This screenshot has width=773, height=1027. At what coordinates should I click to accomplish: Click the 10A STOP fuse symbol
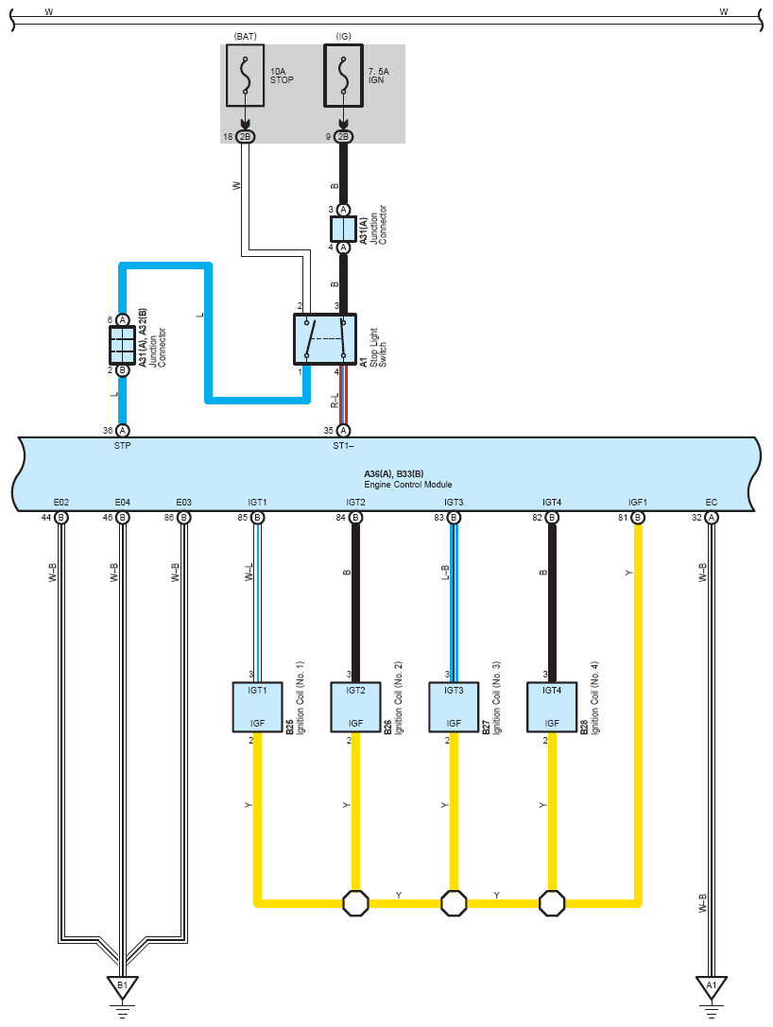tap(245, 76)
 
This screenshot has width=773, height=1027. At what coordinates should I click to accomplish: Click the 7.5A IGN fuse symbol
tap(343, 76)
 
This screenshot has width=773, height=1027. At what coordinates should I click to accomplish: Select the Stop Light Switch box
tap(325, 339)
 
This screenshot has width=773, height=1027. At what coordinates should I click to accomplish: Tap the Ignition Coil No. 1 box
tap(257, 707)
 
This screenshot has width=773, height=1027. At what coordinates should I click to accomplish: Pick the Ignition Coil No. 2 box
tap(355, 707)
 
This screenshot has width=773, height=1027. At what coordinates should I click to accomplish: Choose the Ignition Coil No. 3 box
tap(454, 707)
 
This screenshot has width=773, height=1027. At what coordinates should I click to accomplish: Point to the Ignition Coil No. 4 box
tap(552, 707)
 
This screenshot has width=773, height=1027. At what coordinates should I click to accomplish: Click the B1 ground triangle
tap(123, 986)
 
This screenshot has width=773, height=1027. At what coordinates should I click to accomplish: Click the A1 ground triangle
tap(712, 986)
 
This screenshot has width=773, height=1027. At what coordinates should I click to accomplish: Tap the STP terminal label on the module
tap(123, 445)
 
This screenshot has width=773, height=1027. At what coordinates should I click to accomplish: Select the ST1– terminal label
tap(343, 445)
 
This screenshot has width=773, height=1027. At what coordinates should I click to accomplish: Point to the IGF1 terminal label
tap(638, 503)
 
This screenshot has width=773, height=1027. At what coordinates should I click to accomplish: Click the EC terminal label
tap(712, 503)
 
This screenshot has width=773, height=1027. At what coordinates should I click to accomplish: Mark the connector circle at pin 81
tap(638, 518)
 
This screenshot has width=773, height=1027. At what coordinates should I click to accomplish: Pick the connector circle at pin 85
tap(257, 518)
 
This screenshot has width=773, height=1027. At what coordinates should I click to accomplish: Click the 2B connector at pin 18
tap(245, 136)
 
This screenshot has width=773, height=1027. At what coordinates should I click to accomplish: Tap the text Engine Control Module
tap(408, 485)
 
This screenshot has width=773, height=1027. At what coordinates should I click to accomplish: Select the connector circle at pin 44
tap(60, 518)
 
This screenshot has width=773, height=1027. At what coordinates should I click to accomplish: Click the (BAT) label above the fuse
tap(245, 37)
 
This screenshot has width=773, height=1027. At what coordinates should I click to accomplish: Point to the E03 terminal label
tap(184, 503)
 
